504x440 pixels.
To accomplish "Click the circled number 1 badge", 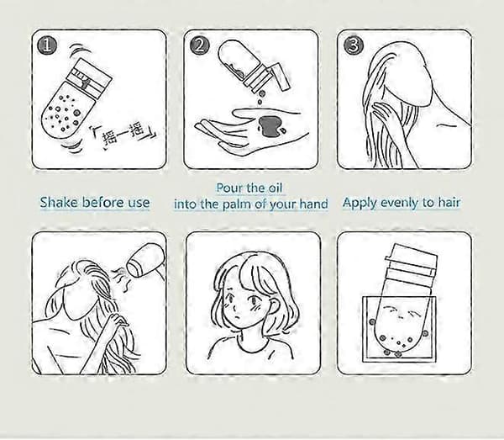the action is (x=47, y=45).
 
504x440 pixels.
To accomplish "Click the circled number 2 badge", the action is (x=200, y=45).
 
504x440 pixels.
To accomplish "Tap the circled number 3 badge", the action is (x=354, y=45).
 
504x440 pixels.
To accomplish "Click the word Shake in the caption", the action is (x=59, y=203).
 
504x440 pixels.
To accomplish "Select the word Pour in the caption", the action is (x=228, y=188).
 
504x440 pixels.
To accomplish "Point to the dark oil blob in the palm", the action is (x=269, y=126).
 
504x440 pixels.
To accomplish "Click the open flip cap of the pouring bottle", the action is (x=281, y=76).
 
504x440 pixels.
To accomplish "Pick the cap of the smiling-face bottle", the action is (x=411, y=263).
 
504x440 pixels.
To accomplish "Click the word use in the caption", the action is (x=139, y=203).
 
